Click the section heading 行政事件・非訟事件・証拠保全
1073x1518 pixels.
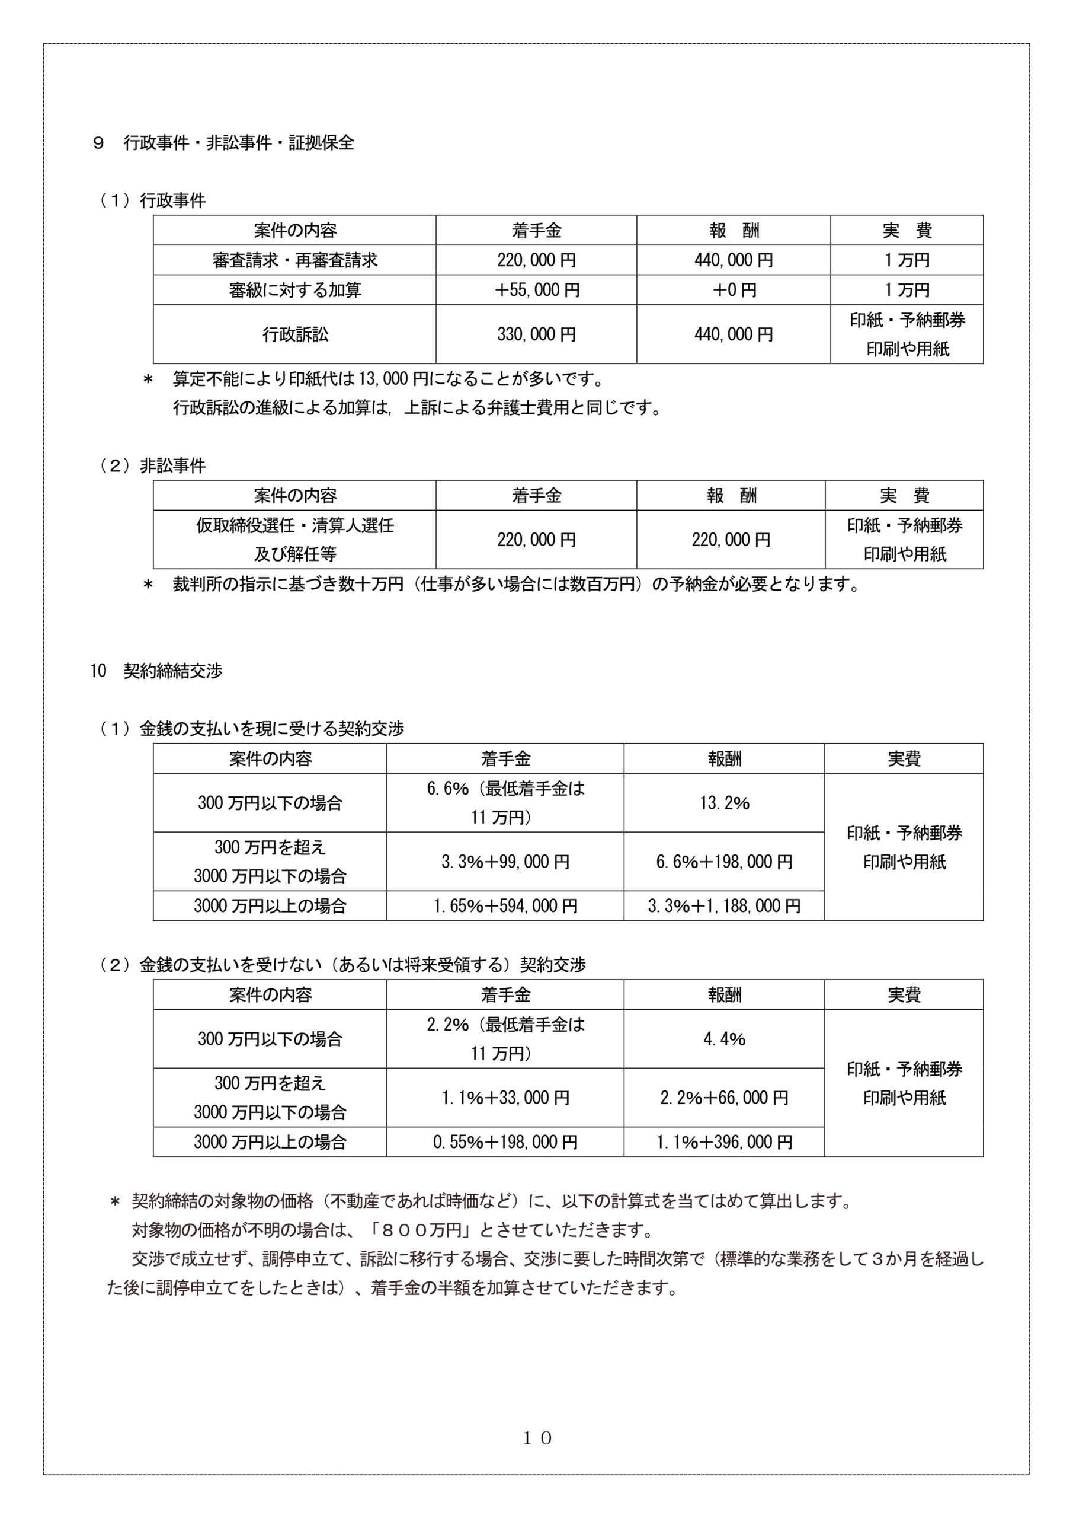click(239, 143)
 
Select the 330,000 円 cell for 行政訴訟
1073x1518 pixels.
click(536, 334)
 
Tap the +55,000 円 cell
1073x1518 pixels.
click(536, 290)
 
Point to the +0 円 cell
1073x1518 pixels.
click(734, 290)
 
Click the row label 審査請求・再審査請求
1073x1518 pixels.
click(294, 260)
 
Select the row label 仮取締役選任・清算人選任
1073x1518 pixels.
click(294, 525)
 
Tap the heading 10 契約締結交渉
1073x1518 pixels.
click(156, 671)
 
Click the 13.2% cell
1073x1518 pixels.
click(724, 803)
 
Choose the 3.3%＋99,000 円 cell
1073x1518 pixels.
click(505, 862)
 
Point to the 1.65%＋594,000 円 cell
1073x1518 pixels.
click(505, 906)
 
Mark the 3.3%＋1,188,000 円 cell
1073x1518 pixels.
click(724, 906)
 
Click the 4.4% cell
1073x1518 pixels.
click(724, 1039)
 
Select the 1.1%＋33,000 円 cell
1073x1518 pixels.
click(505, 1098)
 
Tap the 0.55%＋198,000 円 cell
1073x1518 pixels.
click(505, 1142)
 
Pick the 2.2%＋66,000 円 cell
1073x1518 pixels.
click(724, 1098)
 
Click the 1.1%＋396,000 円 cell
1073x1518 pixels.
click(724, 1142)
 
